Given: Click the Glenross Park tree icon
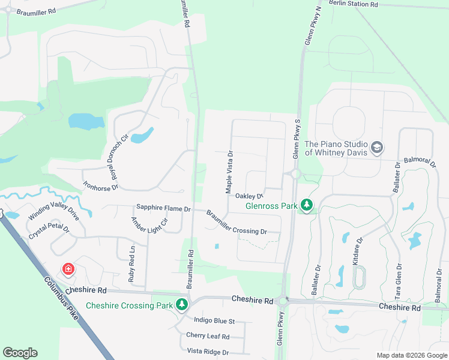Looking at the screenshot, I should coord(307,206).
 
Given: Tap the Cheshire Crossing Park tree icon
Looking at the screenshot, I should coord(182,305).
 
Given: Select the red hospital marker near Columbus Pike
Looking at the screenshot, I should coord(69,269).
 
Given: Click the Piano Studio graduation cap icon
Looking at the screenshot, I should coord(377,148).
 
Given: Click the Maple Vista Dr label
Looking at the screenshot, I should coord(229,172).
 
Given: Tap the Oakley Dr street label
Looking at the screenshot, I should coord(249,196).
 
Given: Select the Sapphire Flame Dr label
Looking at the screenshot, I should coord(163,208).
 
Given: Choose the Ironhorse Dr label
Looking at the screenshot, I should coord(101,181).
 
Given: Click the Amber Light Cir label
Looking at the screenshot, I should coord(149,225).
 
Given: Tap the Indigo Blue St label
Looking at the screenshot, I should coord(214,321).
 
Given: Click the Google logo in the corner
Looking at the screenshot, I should coord(20,353).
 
